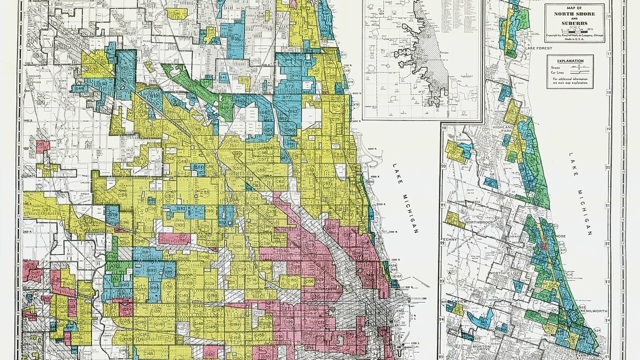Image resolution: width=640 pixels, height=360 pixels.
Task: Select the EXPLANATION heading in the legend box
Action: click(x=570, y=61)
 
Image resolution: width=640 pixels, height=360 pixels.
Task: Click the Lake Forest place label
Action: click(x=537, y=48)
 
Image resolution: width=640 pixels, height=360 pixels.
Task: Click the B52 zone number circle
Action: click(x=124, y=67)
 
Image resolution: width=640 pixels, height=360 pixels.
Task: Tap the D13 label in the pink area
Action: click(x=310, y=245)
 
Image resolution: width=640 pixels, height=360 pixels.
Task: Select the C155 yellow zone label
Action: click(x=292, y=280)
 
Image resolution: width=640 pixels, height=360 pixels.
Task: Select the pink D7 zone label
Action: click(x=182, y=236)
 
